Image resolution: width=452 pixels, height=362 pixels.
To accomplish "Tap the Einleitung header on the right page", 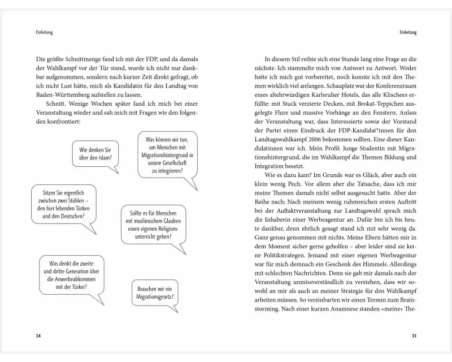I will (407, 32).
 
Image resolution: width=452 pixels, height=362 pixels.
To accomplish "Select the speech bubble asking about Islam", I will (95, 154).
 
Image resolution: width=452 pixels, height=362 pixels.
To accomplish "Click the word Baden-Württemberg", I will (63, 94).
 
